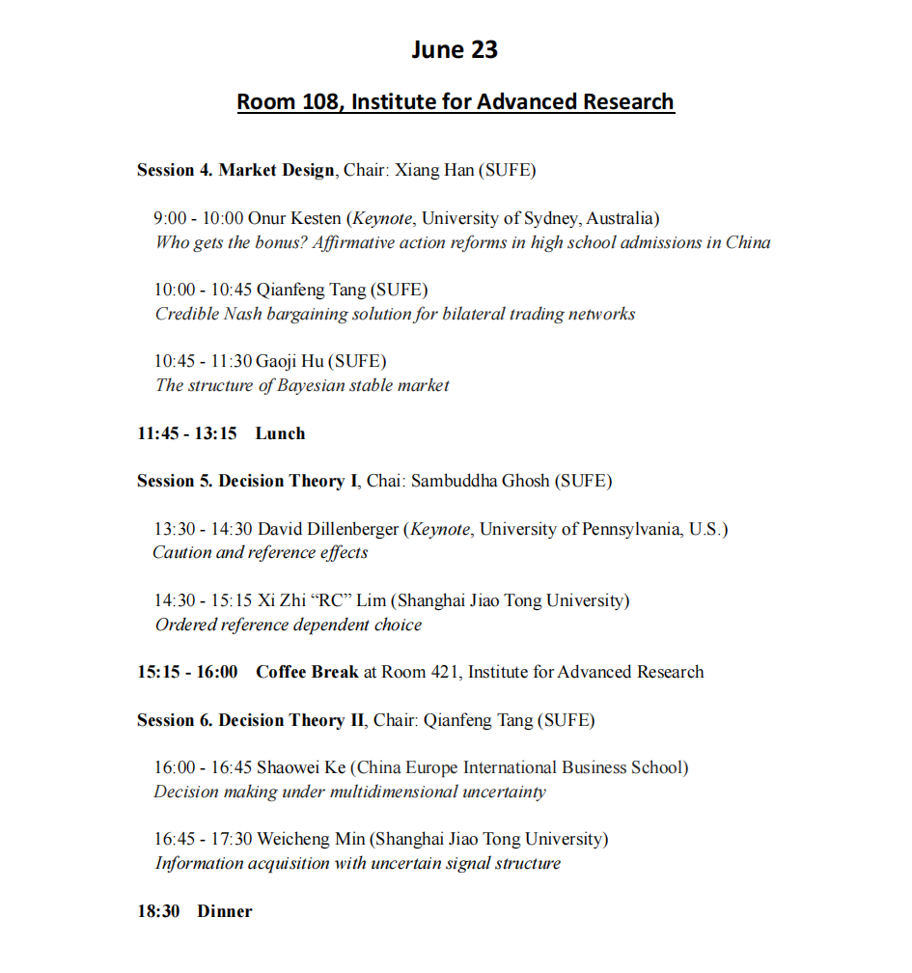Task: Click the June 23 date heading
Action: [455, 50]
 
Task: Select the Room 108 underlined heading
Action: [456, 101]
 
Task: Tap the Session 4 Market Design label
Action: [235, 171]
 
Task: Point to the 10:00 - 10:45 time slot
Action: [203, 291]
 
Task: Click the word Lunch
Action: [280, 433]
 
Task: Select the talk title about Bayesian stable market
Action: [302, 385]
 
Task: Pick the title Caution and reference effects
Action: [261, 553]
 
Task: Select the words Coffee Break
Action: [307, 672]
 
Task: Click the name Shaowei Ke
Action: [300, 768]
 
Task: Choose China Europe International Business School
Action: [519, 768]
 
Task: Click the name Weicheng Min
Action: [310, 840]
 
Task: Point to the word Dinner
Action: [225, 911]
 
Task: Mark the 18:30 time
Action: [158, 911]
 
